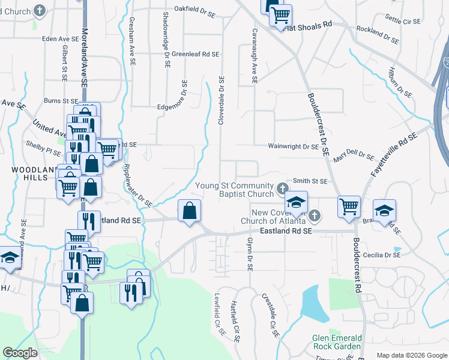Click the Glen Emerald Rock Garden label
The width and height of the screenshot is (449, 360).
pyautogui.click(x=337, y=342)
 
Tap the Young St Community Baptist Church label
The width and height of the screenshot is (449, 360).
pyautogui.click(x=235, y=190)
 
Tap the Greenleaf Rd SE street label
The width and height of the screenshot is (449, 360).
pyautogui.click(x=195, y=54)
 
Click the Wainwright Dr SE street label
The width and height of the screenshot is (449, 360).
pyautogui.click(x=293, y=146)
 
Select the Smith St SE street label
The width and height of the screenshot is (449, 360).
pyautogui.click(x=310, y=181)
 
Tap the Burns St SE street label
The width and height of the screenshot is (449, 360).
pyautogui.click(x=59, y=101)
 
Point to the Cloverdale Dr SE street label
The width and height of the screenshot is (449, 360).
pyautogui.click(x=221, y=100)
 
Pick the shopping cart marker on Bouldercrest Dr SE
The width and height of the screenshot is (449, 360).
pyautogui.click(x=348, y=207)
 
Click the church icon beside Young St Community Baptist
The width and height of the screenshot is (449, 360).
pyautogui.click(x=282, y=190)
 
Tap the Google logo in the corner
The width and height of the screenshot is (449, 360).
pyautogui.click(x=20, y=353)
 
